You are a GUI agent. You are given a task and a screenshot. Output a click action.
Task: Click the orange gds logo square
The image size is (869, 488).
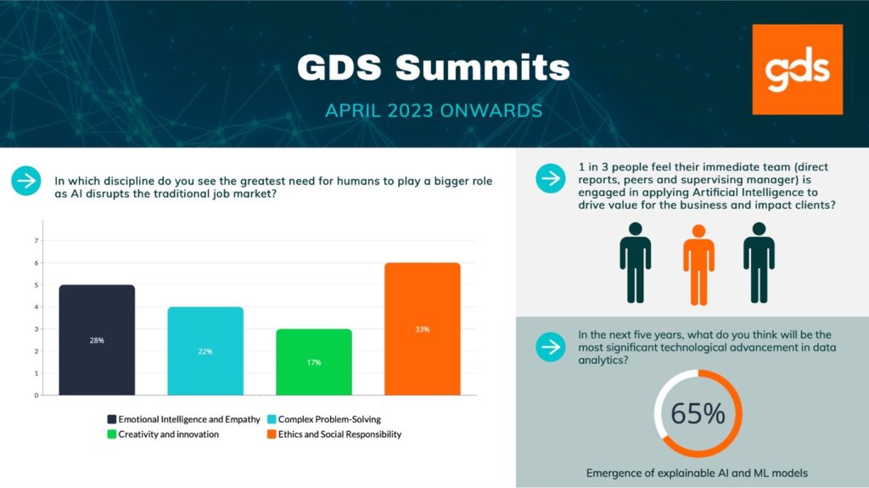pos(798,70)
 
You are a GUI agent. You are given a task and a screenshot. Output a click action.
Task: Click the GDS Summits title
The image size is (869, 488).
pos(434,68)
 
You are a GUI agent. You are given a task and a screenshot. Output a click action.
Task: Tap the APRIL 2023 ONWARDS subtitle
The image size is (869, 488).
pos(434,110)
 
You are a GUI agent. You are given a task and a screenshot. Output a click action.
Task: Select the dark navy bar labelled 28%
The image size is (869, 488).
pos(97,340)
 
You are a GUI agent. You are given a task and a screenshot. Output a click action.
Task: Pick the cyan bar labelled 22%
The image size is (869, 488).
pos(205,351)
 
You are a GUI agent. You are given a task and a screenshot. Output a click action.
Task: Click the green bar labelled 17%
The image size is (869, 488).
pos(314,362)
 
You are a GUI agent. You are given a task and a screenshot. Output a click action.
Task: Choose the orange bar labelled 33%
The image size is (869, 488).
pos(423,328)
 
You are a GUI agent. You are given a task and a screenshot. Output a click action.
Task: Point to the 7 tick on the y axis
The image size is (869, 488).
pos(36,241)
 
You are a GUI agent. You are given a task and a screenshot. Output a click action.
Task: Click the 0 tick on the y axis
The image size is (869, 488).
pos(36,395)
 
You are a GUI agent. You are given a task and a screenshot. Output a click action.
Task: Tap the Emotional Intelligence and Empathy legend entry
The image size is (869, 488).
pos(183,419)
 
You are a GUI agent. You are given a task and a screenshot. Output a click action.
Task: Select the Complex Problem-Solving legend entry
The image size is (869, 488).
pos(324,419)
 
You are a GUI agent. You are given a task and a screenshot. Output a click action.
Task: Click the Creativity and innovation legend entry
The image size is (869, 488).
pos(163,435)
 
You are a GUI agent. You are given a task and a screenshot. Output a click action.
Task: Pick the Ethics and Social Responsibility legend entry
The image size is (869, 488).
pos(334,435)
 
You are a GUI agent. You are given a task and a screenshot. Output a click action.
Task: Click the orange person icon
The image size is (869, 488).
pos(698,265)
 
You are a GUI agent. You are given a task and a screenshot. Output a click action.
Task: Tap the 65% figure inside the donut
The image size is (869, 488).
pos(698,413)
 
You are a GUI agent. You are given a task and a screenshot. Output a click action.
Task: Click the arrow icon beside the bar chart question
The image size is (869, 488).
pos(26,181)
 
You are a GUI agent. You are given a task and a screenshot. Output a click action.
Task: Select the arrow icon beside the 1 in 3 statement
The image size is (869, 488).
pos(550,178)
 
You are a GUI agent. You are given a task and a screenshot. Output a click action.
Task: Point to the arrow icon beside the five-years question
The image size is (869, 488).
pos(550,346)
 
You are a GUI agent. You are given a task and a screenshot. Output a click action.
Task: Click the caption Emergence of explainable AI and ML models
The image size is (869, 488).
pos(697,473)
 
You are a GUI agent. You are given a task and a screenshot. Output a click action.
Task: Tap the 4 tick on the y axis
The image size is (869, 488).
pos(36,306)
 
